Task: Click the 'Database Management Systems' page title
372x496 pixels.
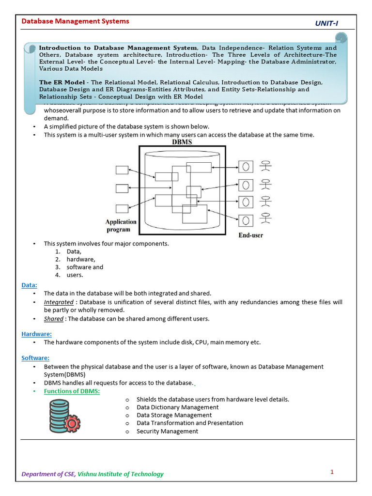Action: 75,21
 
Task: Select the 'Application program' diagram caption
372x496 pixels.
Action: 121,226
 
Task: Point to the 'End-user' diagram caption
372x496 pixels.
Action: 251,235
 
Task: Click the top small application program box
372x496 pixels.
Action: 122,170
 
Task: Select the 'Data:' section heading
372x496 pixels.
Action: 29,285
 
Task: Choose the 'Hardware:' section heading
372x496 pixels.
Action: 36,334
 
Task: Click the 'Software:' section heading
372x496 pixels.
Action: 35,358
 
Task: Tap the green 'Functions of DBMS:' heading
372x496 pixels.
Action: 72,391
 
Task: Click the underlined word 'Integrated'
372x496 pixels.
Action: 59,302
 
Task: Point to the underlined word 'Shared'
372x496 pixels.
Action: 53,319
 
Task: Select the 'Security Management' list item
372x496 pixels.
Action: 167,431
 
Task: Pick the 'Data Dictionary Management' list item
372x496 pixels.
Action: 177,407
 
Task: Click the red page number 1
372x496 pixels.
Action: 332,472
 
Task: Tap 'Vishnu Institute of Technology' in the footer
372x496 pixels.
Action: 121,474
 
